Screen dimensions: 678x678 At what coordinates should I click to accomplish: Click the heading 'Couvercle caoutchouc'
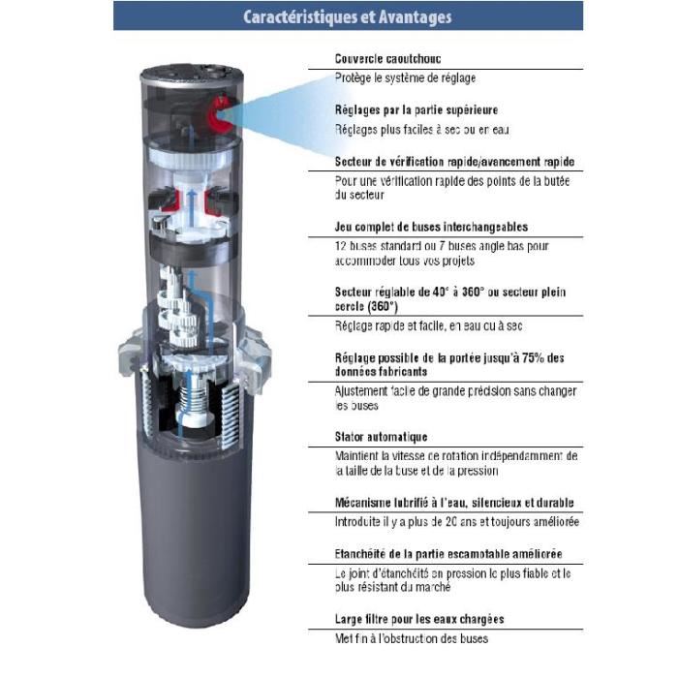384,58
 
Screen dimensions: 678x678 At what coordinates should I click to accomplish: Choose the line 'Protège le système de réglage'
405,77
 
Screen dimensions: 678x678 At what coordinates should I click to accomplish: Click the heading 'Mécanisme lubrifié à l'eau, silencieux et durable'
454,503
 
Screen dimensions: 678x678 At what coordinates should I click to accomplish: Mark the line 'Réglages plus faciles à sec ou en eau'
421,129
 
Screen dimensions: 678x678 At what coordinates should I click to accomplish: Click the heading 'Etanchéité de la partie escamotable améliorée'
448,554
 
